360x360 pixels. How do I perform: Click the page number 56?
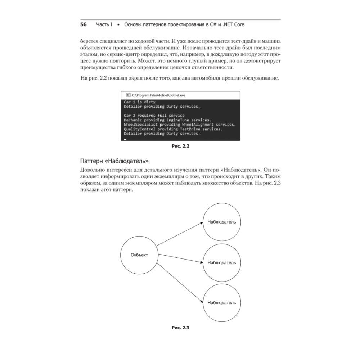83,24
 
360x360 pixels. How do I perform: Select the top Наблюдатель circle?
221,222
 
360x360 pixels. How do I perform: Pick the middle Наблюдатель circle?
221,262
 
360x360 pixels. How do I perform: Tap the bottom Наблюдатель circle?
221,302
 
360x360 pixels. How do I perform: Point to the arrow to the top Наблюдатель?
180,234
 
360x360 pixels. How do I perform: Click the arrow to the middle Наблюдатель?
180,259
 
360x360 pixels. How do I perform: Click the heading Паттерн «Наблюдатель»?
114,161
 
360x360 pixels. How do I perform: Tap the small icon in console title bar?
128,95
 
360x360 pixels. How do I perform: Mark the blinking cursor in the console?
125,139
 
